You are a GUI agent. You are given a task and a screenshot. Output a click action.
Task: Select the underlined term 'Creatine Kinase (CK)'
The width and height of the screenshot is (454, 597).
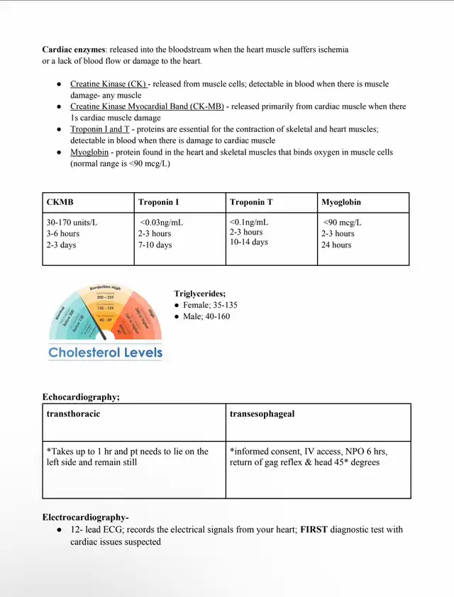click(x=108, y=84)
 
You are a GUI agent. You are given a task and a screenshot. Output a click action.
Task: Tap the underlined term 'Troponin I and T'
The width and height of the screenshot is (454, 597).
click(x=100, y=129)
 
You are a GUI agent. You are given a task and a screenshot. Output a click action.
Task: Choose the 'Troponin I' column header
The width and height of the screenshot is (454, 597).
click(x=158, y=202)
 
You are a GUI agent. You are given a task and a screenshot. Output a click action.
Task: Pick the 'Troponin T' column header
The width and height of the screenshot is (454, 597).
click(x=251, y=202)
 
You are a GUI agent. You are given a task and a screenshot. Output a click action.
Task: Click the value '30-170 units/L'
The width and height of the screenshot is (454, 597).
click(x=72, y=222)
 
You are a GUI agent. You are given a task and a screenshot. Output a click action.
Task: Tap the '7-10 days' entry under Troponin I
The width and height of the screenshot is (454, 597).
click(x=155, y=245)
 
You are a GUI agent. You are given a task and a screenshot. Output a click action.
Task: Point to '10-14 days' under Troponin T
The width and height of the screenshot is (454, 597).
click(x=248, y=242)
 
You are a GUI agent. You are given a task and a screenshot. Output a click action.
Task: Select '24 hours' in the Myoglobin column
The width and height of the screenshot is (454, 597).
click(x=337, y=245)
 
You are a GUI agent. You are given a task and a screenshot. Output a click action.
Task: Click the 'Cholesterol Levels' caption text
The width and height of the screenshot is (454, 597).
click(x=105, y=352)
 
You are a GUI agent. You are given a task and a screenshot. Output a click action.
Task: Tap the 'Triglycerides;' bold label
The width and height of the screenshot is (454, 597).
click(x=200, y=294)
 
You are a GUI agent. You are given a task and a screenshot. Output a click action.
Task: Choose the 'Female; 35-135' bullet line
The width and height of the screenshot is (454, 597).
click(x=210, y=305)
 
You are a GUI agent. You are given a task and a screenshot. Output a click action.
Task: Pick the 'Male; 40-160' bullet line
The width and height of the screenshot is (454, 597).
click(x=206, y=316)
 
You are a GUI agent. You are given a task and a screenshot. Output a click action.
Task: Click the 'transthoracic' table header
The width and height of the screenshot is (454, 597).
click(x=73, y=413)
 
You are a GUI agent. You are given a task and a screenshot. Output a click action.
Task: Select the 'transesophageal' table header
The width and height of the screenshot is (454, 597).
click(x=262, y=413)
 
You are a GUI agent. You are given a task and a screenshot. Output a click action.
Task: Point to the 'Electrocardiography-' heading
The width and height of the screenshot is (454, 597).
click(x=85, y=517)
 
